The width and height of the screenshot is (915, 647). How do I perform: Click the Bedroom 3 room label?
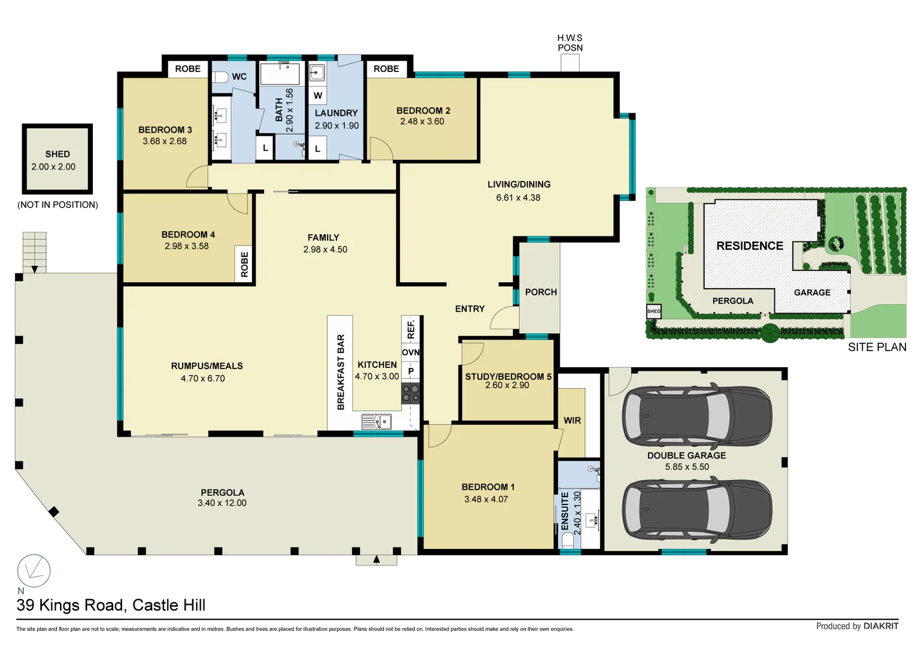[165, 129]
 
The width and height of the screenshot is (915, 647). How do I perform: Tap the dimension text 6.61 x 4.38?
[518, 198]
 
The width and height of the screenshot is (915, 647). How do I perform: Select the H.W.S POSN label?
[569, 43]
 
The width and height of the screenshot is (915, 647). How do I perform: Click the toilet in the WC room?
[220, 77]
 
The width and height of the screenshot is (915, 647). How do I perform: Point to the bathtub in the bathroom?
[280, 74]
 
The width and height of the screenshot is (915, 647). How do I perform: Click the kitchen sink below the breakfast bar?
[377, 422]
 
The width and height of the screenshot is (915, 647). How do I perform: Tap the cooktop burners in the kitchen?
[411, 393]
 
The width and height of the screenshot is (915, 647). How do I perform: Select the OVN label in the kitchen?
[411, 352]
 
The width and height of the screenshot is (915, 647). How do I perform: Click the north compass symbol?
[34, 571]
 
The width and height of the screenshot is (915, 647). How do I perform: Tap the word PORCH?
[541, 292]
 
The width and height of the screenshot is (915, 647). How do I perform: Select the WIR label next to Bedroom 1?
[572, 421]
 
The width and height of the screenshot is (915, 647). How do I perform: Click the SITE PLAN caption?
[877, 347]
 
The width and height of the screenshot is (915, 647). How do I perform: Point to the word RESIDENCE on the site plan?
[750, 246]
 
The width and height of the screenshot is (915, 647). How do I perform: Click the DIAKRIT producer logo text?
[880, 626]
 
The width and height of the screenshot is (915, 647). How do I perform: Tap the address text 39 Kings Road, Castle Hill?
[111, 605]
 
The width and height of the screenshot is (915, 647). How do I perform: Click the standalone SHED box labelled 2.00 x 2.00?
[57, 159]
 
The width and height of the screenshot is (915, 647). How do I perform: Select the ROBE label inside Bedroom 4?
[244, 264]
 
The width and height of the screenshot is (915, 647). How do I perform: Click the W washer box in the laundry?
[317, 95]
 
